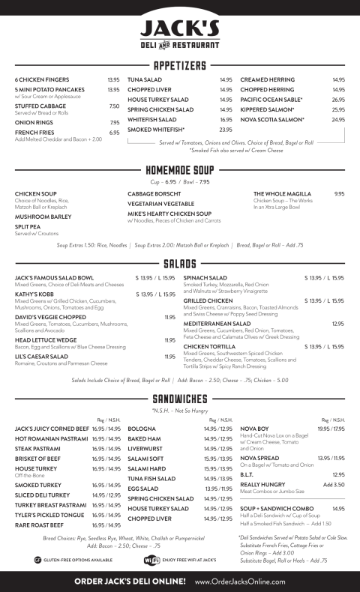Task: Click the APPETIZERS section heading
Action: click(x=180, y=65)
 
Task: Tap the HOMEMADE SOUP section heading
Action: click(x=180, y=170)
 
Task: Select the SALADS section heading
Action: click(x=180, y=264)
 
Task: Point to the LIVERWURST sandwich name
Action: click(x=148, y=449)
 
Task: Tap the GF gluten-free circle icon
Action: click(x=37, y=559)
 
